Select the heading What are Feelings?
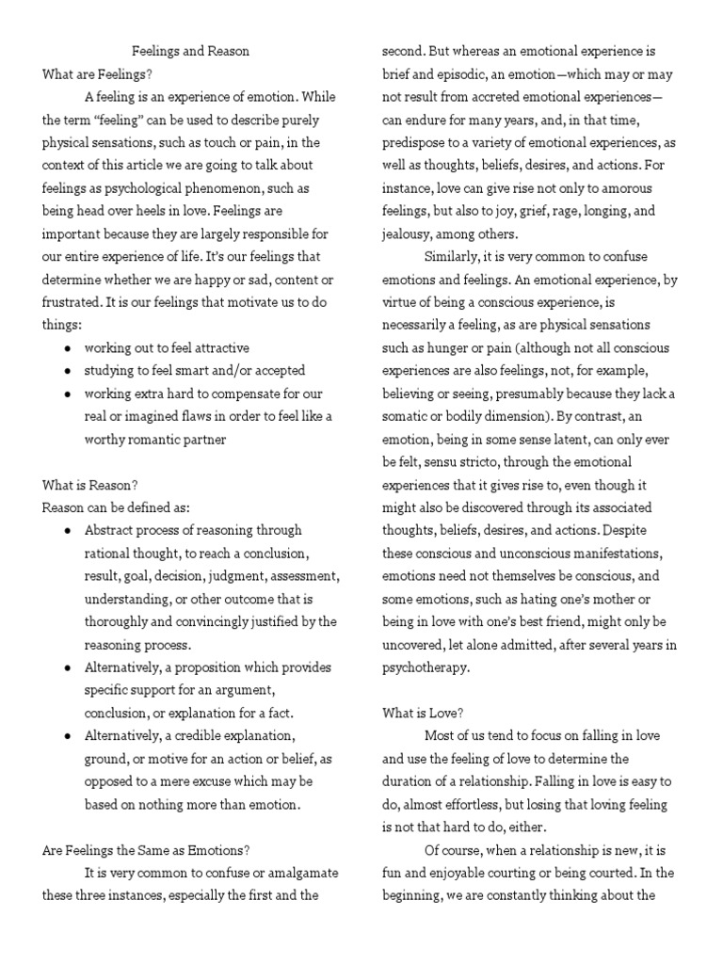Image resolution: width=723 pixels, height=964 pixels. coord(97,73)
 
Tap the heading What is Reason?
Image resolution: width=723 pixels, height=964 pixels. coord(90,485)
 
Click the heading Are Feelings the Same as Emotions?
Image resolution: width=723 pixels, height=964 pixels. coord(146,849)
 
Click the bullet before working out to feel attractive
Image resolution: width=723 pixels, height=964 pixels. coord(69,347)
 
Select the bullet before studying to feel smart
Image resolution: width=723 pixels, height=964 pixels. coord(69,371)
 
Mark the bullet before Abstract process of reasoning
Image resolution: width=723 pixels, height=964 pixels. coord(69,530)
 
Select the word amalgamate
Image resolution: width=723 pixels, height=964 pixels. coord(294,873)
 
